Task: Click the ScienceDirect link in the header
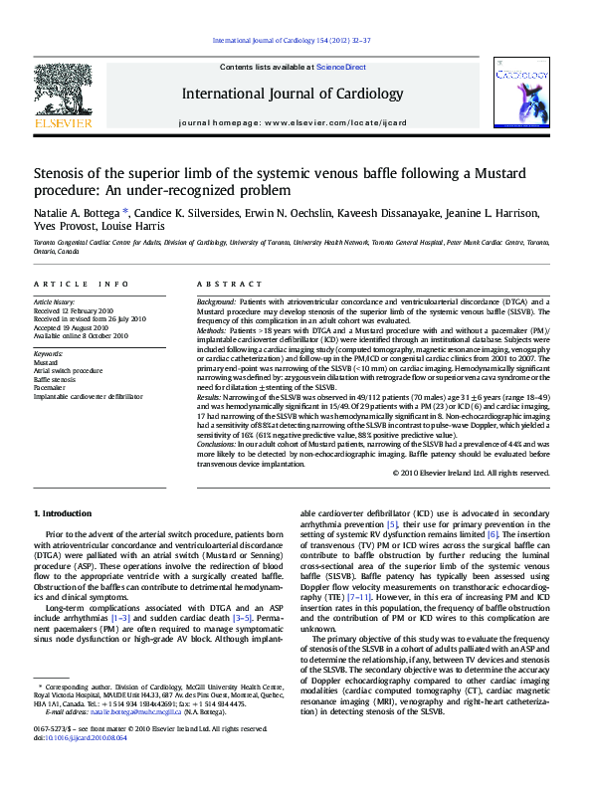341,67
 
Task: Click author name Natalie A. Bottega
76,213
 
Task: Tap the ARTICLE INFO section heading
80,284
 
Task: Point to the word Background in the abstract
216,300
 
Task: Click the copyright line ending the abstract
472,473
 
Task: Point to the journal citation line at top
293,40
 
